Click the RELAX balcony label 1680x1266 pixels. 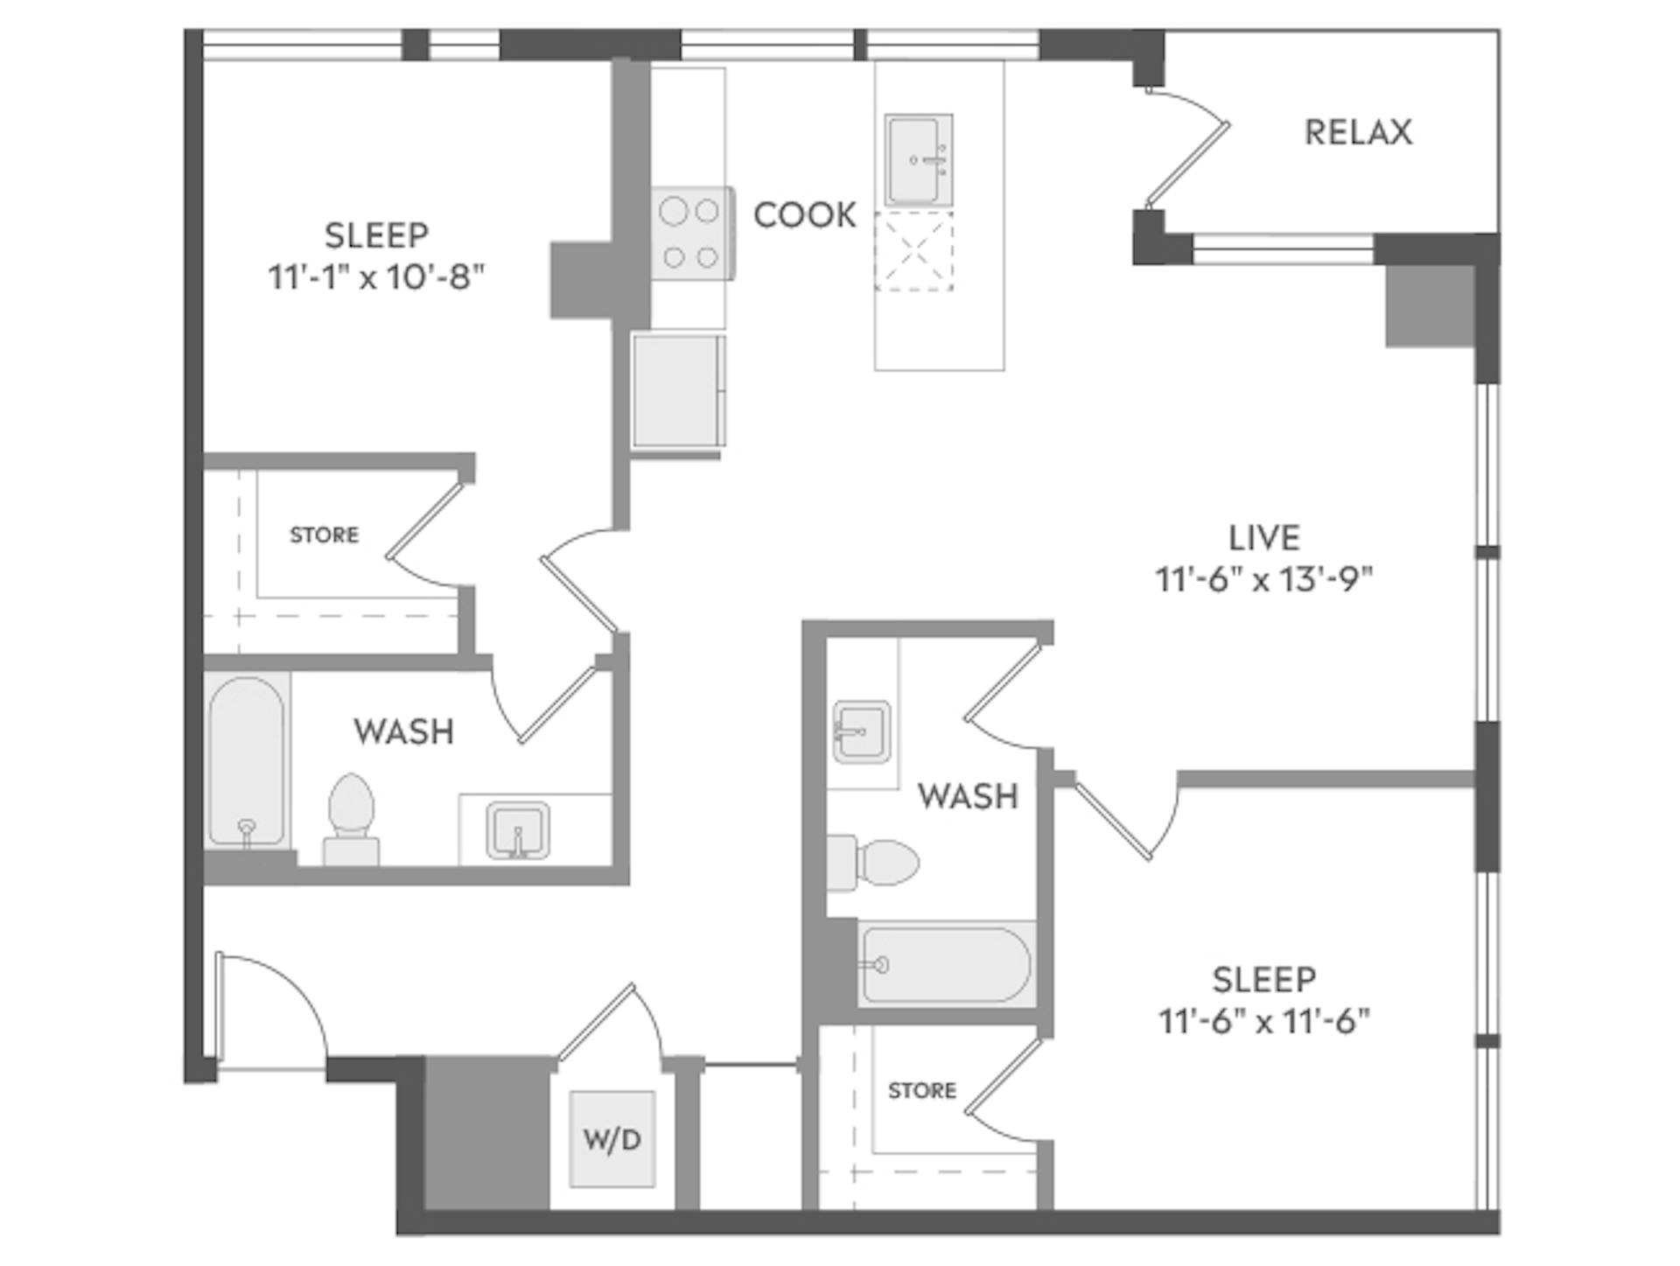tap(1358, 132)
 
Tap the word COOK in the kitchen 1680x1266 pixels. tap(804, 215)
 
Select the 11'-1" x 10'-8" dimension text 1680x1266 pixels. tap(376, 277)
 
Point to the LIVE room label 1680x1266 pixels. tap(1263, 537)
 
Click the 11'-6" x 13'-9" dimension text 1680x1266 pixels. tap(1263, 579)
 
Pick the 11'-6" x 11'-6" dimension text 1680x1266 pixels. tap(1263, 1021)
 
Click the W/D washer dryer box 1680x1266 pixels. tap(612, 1138)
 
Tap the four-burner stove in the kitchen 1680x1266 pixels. tap(690, 234)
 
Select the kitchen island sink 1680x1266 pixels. tap(917, 159)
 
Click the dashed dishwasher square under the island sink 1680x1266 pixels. tap(913, 250)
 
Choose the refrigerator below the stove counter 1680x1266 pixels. tap(677, 390)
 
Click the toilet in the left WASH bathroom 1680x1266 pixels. tap(352, 818)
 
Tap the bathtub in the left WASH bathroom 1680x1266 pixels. tap(247, 761)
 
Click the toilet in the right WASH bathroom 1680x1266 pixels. tap(875, 863)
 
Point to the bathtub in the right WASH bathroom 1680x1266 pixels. tap(945, 964)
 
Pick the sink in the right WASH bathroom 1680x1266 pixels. tap(861, 731)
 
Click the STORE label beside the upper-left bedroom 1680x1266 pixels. tap(324, 535)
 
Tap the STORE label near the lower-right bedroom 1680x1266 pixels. tap(921, 1090)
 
